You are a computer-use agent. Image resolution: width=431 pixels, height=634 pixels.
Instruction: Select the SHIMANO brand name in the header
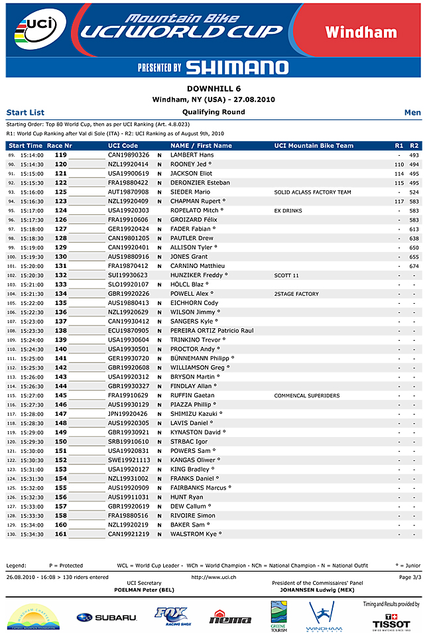pos(237,67)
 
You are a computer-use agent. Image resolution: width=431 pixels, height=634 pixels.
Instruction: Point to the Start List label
pos(25,113)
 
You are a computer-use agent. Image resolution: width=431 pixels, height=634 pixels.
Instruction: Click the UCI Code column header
pos(123,145)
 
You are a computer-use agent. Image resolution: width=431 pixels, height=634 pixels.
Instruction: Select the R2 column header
pos(414,145)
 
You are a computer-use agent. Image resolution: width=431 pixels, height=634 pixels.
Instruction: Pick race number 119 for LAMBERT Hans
pos(61,155)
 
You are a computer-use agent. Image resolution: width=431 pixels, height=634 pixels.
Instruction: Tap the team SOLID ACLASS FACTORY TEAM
pos(312,192)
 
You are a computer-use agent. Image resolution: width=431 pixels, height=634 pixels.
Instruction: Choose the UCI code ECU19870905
pos(129,331)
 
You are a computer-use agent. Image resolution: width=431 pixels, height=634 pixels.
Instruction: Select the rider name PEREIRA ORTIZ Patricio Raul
pos(212,331)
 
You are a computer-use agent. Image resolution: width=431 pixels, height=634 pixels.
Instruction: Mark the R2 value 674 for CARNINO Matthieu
pos(414,266)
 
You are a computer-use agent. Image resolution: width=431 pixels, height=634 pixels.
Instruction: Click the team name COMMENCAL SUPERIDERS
pos(306,396)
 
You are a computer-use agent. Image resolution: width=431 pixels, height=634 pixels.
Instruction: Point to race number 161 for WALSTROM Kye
pos(61,535)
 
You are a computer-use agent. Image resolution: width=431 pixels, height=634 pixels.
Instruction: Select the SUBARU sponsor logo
pos(106,617)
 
